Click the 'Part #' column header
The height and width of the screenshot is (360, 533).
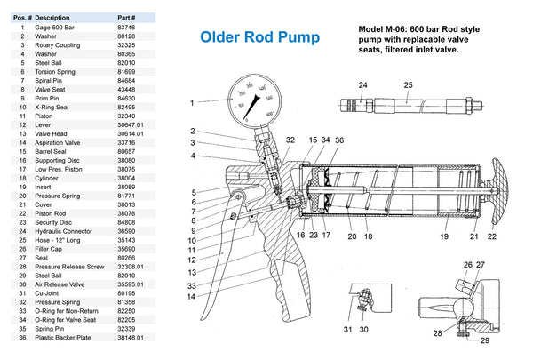[127, 17]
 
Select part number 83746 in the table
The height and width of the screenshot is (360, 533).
[127, 28]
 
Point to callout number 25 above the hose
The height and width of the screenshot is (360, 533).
[408, 85]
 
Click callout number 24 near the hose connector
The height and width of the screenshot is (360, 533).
[362, 85]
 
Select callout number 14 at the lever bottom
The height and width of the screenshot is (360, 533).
[190, 297]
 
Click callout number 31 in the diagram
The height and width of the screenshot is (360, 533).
[348, 330]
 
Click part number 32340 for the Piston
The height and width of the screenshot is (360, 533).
[127, 116]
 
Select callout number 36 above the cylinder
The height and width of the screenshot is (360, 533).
[338, 140]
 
